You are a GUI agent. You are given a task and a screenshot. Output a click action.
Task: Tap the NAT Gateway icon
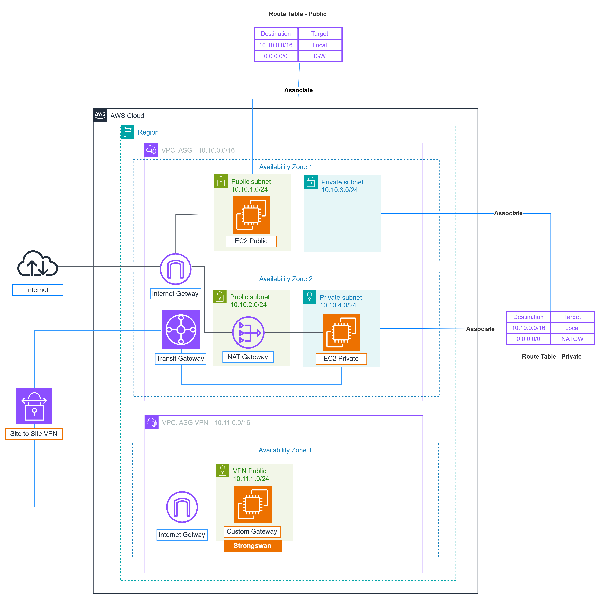click(248, 332)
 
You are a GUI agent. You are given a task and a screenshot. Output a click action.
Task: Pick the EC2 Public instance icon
click(251, 215)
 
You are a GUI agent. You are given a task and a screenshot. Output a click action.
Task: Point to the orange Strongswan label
click(253, 545)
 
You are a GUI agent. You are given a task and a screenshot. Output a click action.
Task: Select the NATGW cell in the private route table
click(572, 339)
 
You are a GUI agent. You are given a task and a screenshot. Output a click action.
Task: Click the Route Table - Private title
click(552, 357)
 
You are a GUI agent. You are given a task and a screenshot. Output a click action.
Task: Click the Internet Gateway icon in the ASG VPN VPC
click(182, 507)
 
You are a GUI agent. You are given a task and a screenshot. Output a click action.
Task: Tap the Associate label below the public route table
click(298, 90)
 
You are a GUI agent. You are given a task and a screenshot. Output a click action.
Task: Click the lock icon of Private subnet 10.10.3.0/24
click(310, 182)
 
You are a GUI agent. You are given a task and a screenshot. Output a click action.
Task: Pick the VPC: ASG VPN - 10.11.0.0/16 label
click(206, 422)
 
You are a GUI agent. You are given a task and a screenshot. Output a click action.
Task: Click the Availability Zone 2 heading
click(286, 279)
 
